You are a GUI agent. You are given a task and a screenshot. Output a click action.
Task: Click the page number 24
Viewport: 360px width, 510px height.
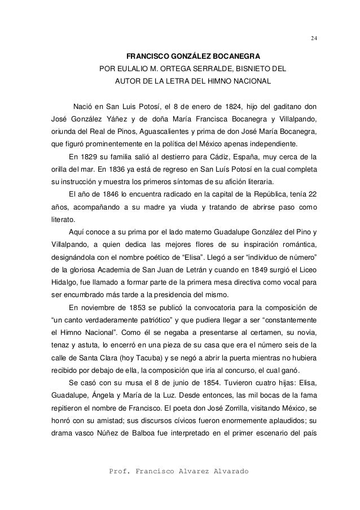[314, 38]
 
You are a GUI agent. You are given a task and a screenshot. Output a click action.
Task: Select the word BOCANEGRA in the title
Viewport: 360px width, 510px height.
[235, 58]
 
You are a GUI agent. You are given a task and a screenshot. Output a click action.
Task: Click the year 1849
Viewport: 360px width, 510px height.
[237, 270]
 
